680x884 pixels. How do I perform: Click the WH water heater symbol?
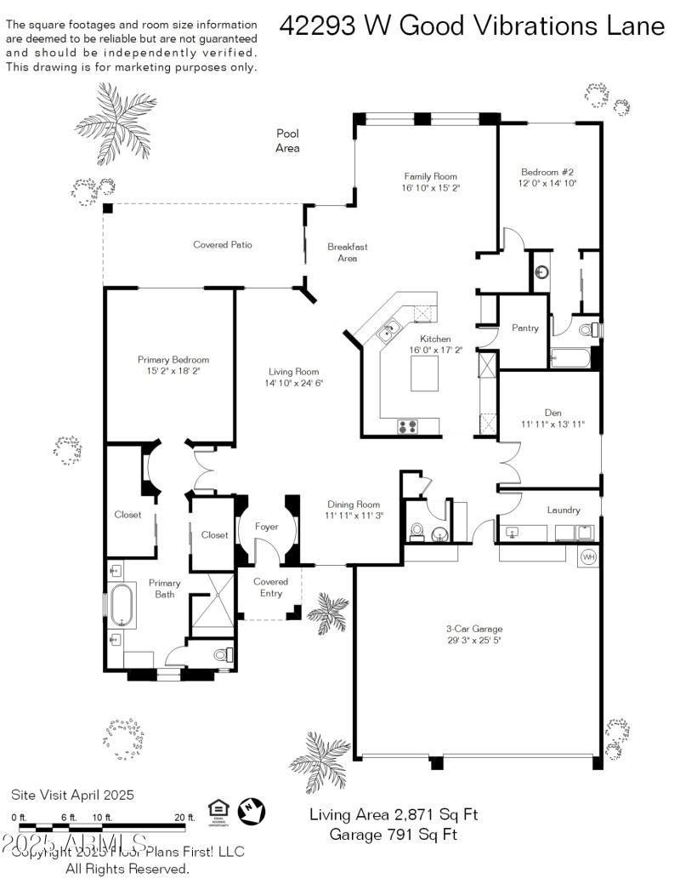click(x=588, y=557)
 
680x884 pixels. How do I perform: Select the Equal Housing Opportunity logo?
click(x=218, y=811)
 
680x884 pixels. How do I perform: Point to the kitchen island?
click(x=424, y=374)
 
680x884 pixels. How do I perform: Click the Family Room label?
click(x=431, y=176)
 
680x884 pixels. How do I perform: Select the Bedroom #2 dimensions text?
click(x=547, y=183)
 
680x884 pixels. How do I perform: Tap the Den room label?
click(x=552, y=412)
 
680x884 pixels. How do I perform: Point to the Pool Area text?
click(x=287, y=140)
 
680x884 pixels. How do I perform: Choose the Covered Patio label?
click(x=223, y=245)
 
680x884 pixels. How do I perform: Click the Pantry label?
click(x=524, y=328)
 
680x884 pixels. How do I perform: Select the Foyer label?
click(x=267, y=527)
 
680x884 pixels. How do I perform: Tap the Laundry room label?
click(x=564, y=510)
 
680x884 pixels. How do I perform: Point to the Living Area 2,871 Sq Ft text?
click(x=393, y=814)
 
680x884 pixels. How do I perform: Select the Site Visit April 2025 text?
click(x=72, y=795)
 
